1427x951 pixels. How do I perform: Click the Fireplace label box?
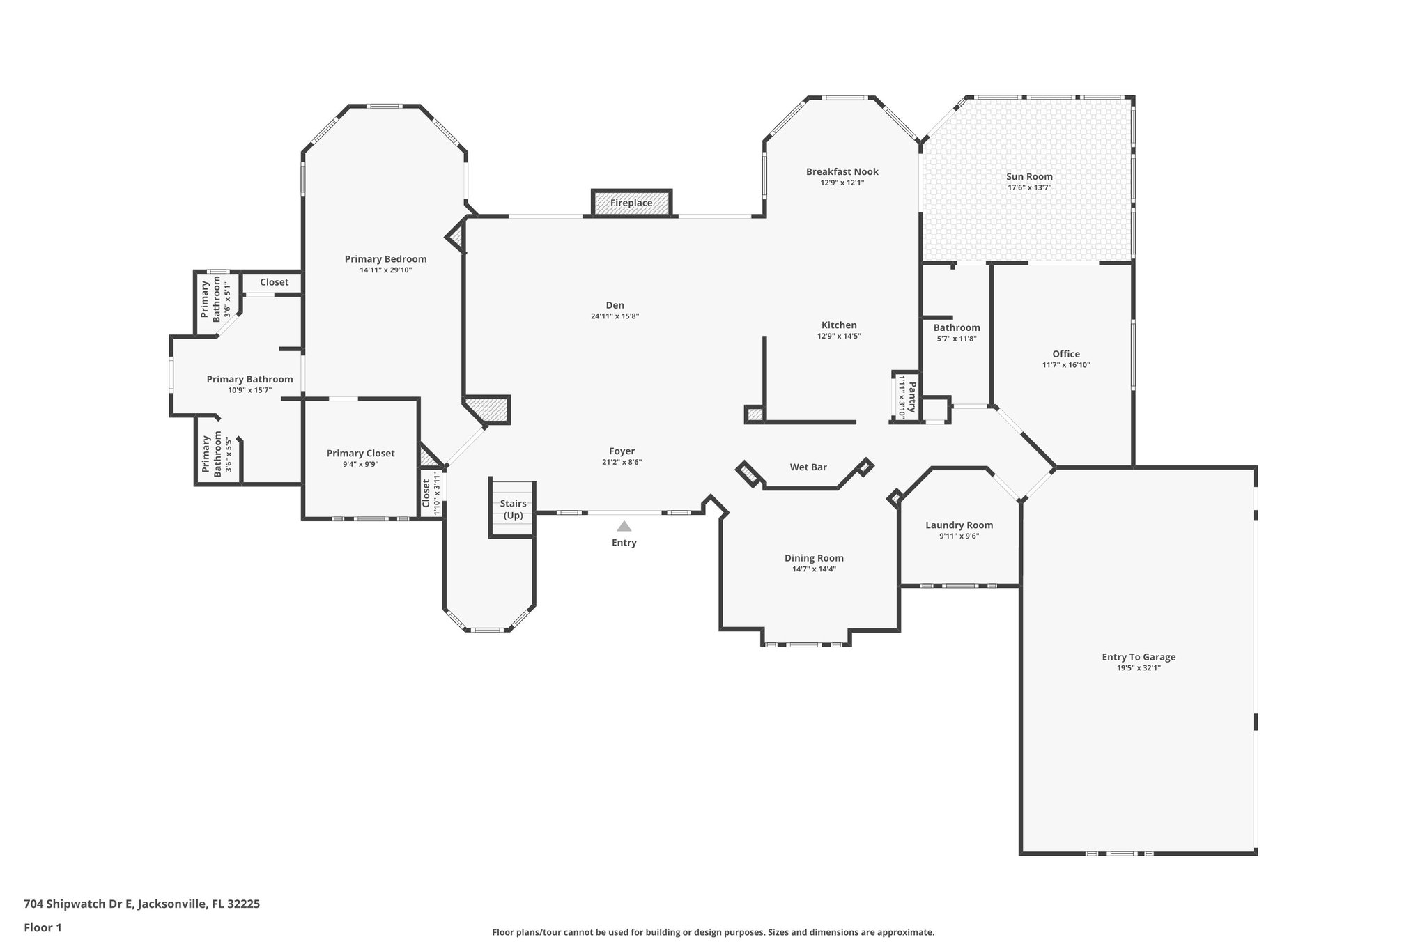tap(631, 203)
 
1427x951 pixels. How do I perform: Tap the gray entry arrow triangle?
tap(624, 526)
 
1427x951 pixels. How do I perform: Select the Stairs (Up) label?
tap(513, 509)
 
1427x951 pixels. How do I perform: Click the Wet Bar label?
tap(808, 467)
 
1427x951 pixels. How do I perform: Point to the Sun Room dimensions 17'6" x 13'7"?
tap(1029, 187)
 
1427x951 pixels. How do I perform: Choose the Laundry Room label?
tap(959, 525)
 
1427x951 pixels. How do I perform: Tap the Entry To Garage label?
tap(1139, 656)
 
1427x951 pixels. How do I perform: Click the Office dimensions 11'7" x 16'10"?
tap(1066, 365)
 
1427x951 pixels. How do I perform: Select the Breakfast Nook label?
tap(842, 171)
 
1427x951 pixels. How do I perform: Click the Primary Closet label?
tap(360, 454)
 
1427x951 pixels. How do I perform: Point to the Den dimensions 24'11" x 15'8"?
tap(615, 316)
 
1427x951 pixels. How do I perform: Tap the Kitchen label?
tap(839, 325)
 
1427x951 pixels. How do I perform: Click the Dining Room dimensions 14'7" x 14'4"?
tap(814, 569)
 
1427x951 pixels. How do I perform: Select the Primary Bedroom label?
tap(385, 259)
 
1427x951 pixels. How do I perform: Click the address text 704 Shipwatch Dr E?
tap(77, 904)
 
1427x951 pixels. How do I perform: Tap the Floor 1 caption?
tap(43, 927)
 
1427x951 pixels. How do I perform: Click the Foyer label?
tap(622, 451)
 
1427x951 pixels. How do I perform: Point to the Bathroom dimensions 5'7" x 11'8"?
tap(957, 339)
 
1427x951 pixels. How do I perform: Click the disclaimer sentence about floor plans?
tap(713, 932)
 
